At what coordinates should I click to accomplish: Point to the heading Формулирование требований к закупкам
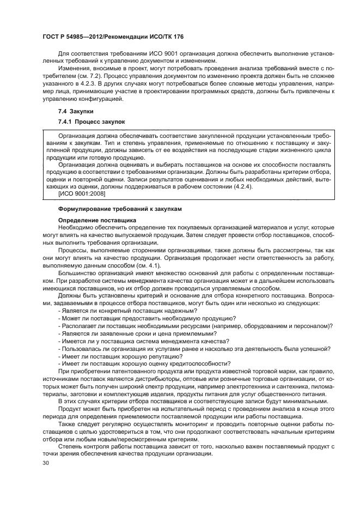120,209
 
